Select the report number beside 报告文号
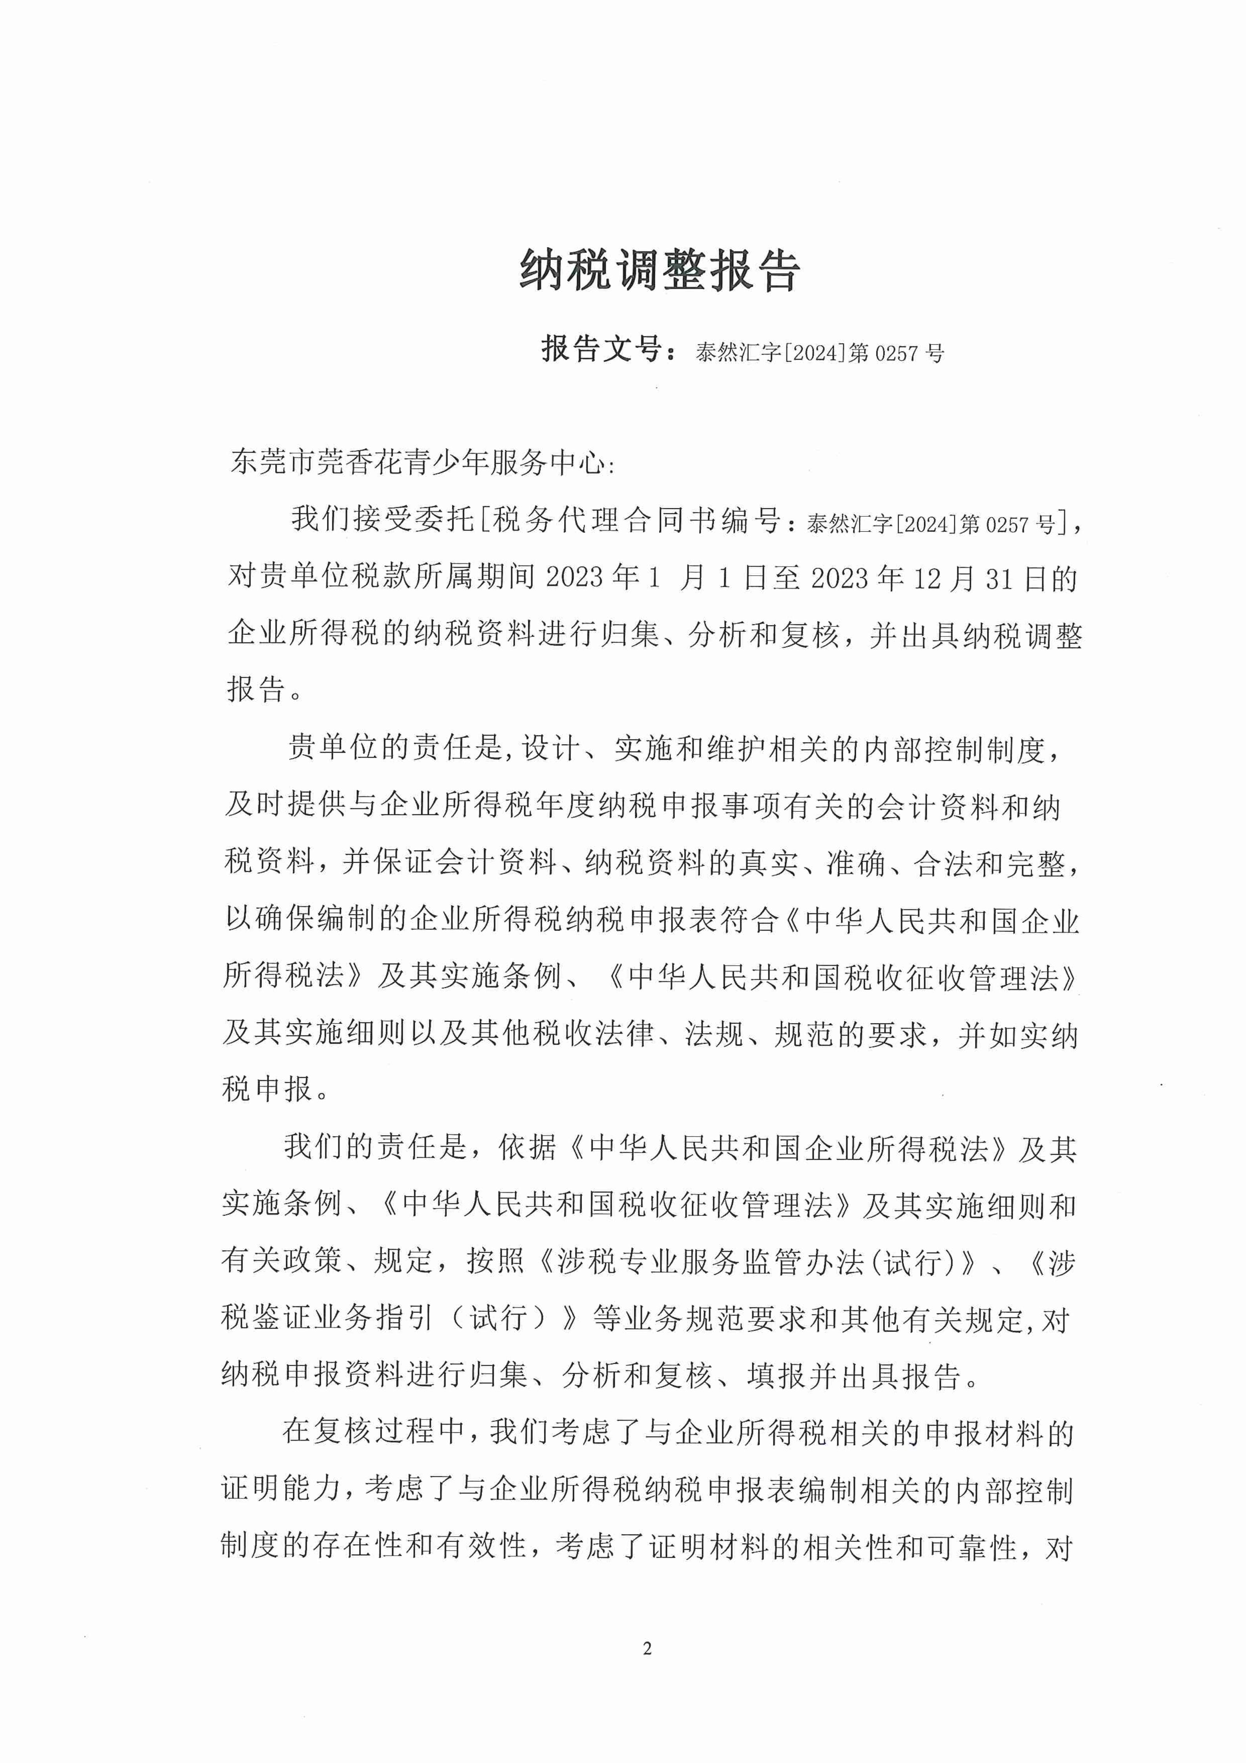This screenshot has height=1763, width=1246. tap(819, 353)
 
